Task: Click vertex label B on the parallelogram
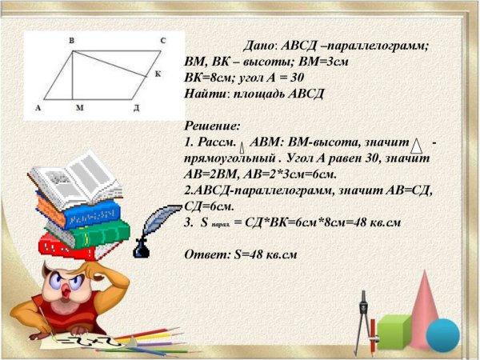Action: [72, 39]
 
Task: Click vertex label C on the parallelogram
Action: [162, 39]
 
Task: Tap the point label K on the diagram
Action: [158, 74]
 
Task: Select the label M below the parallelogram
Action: [78, 106]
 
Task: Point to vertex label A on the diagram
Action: [38, 106]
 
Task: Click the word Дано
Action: [259, 46]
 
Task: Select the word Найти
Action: [206, 94]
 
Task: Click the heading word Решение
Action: [212, 126]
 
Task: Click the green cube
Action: [394, 332]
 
